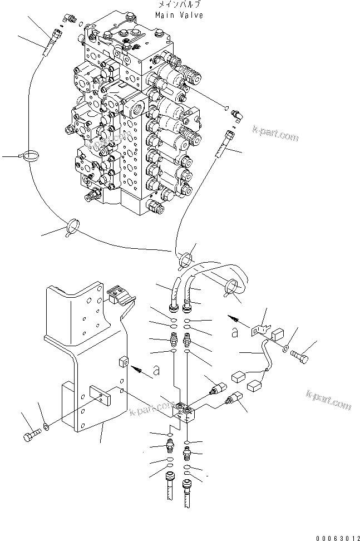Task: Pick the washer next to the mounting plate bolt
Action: coord(46,427)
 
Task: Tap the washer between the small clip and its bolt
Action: coord(285,349)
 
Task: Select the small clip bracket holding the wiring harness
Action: coord(259,328)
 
